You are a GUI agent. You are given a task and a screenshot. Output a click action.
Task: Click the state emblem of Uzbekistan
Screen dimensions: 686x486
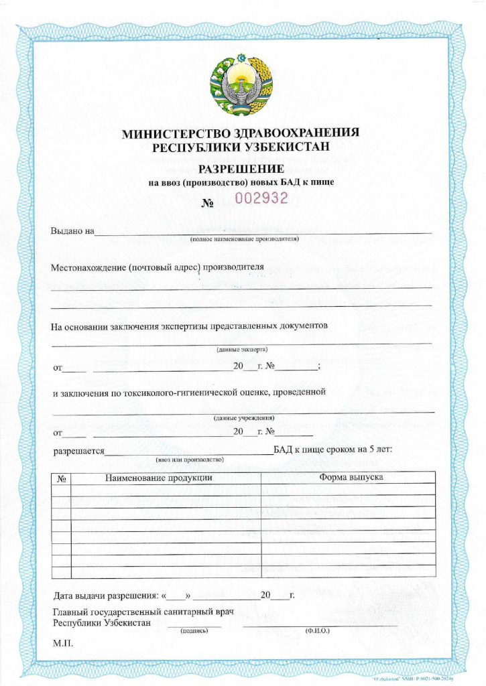pos(242,82)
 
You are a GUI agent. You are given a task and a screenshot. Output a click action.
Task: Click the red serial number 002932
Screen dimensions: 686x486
pos(261,198)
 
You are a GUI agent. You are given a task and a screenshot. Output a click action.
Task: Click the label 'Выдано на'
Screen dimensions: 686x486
pos(72,232)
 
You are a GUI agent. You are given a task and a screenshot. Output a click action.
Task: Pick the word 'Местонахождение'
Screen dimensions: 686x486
pos(88,267)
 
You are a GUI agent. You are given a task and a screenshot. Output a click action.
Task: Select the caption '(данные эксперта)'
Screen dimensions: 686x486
pos(242,350)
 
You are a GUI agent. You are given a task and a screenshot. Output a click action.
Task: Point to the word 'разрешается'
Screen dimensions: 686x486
pos(78,451)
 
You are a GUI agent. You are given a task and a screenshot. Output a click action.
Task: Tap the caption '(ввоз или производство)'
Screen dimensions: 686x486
pos(189,460)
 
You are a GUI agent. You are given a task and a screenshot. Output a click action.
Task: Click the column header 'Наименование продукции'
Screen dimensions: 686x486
pos(159,478)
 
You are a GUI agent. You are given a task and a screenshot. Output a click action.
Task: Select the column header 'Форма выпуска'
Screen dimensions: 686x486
pos(351,478)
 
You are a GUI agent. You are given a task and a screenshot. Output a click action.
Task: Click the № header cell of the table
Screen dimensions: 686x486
pos(61,479)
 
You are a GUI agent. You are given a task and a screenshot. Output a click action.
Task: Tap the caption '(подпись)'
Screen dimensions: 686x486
pos(193,630)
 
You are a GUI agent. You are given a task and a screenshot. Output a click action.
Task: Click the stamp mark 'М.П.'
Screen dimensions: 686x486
pos(62,644)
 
